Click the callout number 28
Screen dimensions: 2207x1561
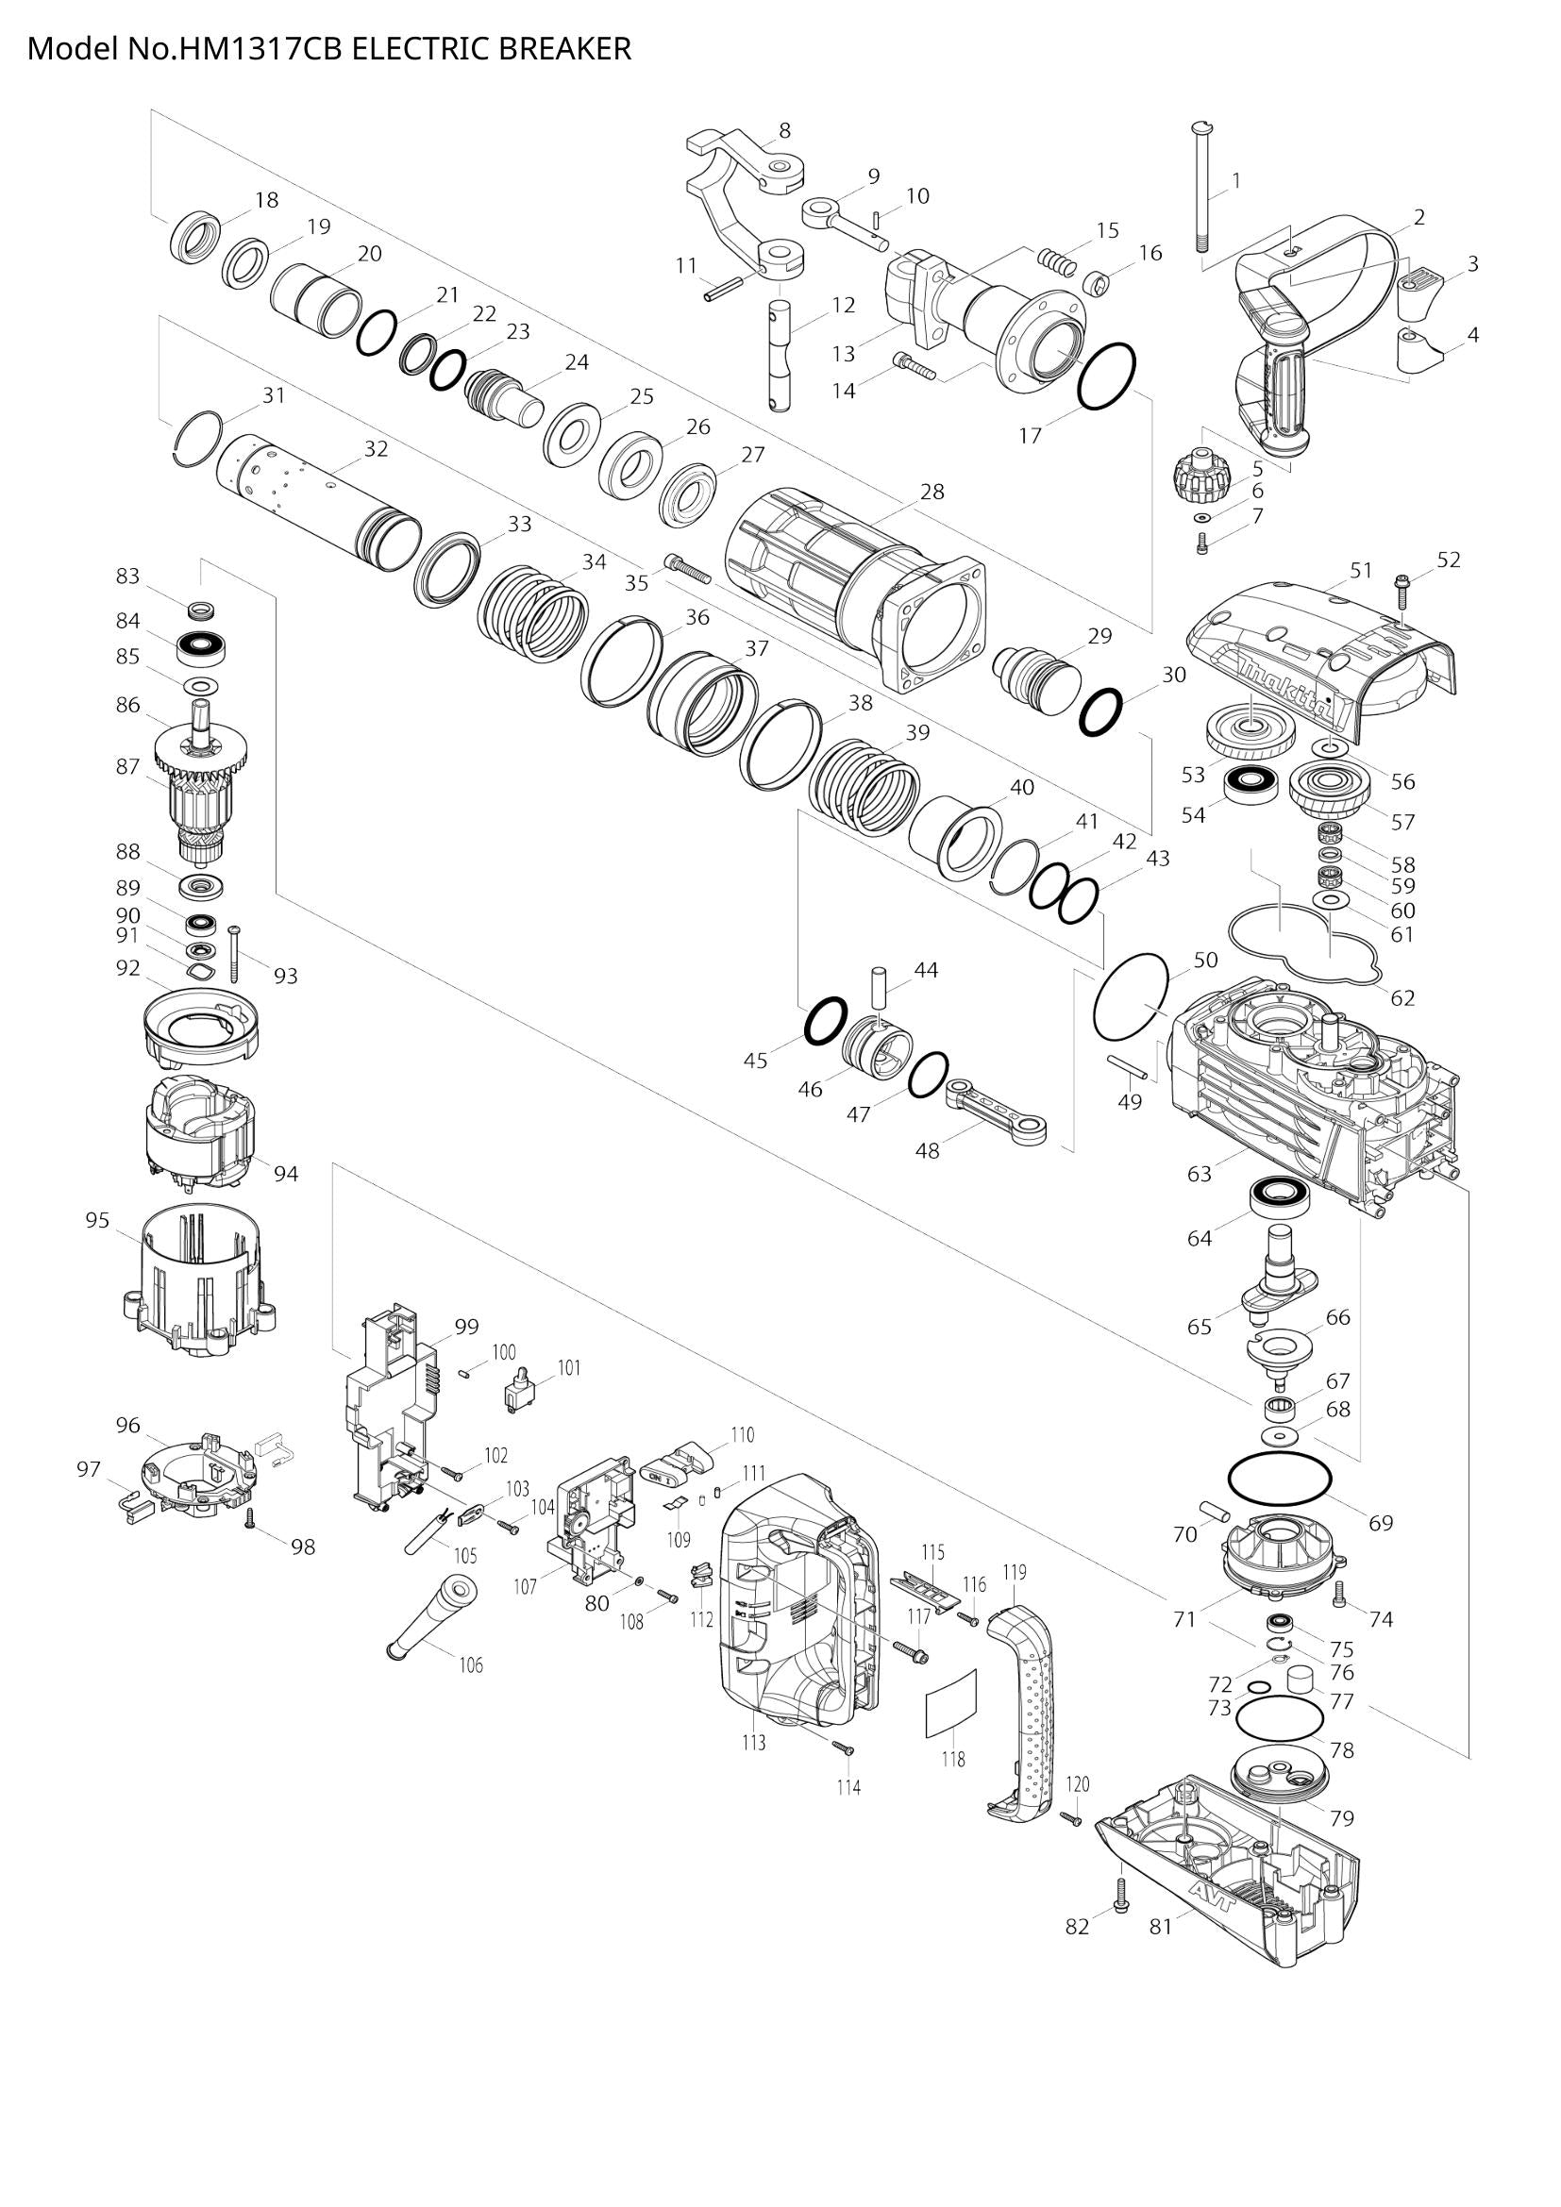coord(932,492)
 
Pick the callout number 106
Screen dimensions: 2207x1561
coord(470,1664)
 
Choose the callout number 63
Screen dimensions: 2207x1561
coord(1199,1174)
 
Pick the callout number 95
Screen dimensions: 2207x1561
coord(98,1220)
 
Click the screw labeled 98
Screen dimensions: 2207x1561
coord(250,1519)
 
